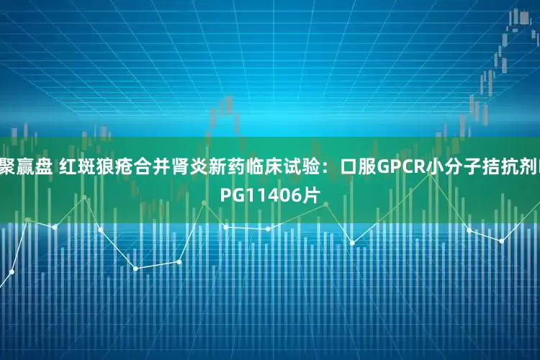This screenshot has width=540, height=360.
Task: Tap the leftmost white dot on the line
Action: [12, 271]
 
